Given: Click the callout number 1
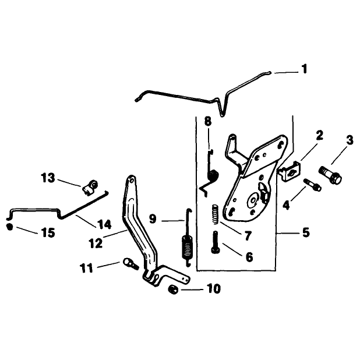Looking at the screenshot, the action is point(304,69).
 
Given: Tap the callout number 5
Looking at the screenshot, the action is point(306,232).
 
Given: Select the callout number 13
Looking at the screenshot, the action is point(48,178).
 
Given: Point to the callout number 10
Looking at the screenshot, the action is point(214,288).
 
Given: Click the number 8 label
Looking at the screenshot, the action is point(208,121).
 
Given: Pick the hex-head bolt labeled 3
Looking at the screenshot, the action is point(330,175).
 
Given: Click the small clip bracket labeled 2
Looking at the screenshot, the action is point(290,171).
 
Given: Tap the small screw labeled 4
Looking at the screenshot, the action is point(312,185).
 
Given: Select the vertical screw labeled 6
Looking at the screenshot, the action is point(216,242).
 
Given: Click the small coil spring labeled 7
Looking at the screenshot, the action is point(216,215).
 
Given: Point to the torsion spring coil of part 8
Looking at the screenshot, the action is point(213,176).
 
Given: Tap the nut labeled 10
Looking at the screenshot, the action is point(173,290).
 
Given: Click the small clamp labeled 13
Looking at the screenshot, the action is point(90,185).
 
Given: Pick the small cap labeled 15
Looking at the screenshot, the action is point(9,227).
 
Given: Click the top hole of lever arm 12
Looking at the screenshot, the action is point(132,181).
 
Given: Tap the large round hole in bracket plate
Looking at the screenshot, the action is point(253,200).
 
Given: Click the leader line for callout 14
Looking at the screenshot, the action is point(86,221).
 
